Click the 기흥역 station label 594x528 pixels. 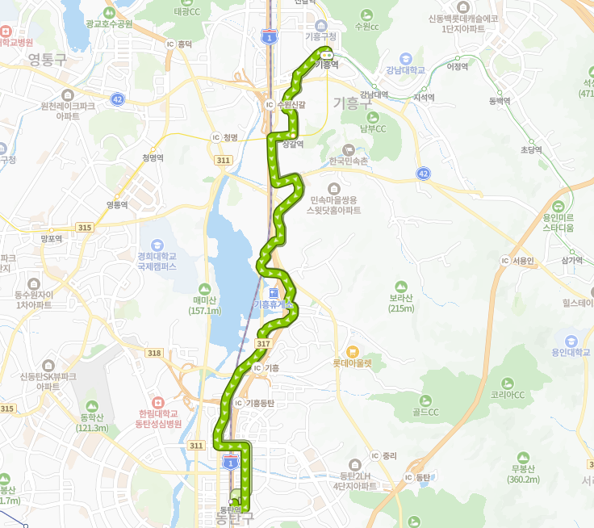pos(327,63)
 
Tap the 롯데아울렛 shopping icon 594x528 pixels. pos(352,351)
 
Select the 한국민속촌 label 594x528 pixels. pos(348,161)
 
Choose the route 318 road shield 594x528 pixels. pos(155,353)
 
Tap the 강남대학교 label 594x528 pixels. pos(405,69)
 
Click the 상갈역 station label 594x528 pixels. pos(293,144)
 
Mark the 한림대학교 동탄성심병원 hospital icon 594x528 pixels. pos(157,400)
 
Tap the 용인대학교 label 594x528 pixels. pos(571,352)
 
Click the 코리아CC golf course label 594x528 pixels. pos(508,395)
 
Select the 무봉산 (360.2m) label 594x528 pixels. pos(524,474)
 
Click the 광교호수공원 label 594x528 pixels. pos(108,24)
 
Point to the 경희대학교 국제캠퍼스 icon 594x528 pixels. pos(157,245)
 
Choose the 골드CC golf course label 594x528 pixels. pos(424,412)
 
